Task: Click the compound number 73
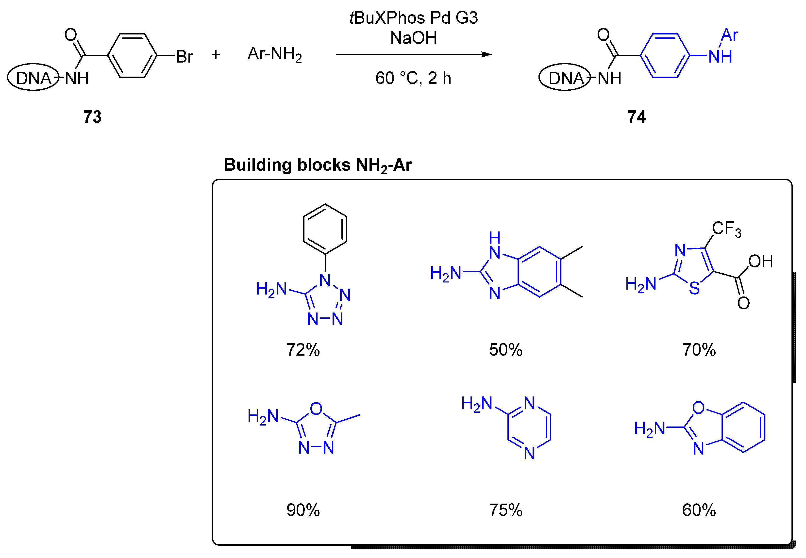click(x=92, y=117)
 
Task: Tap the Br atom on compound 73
click(x=184, y=57)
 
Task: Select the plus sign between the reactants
click(x=215, y=54)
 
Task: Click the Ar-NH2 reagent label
click(x=274, y=54)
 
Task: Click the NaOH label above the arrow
click(x=413, y=38)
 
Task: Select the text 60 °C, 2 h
click(x=413, y=78)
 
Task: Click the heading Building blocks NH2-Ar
click(x=318, y=165)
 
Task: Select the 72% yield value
click(x=303, y=350)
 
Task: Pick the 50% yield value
click(x=506, y=350)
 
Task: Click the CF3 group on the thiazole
click(x=726, y=229)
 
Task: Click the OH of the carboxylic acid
click(x=760, y=261)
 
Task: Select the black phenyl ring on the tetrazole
click(x=325, y=229)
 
